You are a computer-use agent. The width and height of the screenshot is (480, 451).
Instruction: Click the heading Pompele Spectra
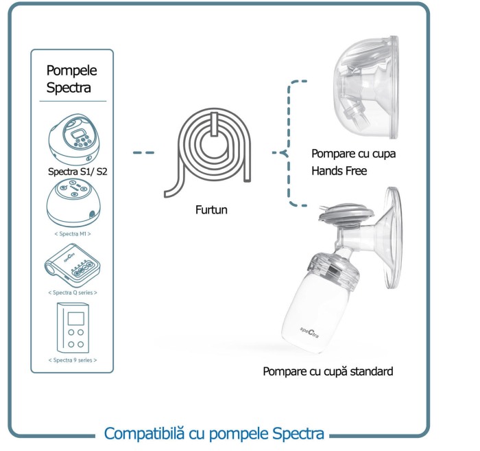(x=72, y=79)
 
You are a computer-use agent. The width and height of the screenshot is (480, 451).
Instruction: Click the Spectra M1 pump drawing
(x=73, y=202)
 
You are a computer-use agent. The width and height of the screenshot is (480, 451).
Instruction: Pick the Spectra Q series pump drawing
(x=72, y=267)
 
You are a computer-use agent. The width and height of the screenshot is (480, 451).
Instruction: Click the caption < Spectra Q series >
(x=73, y=292)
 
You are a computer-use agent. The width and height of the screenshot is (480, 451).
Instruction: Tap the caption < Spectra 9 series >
(x=73, y=360)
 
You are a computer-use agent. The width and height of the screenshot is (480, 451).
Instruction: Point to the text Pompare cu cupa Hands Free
(x=353, y=162)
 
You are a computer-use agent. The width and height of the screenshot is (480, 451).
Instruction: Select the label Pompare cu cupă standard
(x=328, y=371)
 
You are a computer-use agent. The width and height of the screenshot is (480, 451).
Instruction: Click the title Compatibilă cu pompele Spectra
(x=214, y=434)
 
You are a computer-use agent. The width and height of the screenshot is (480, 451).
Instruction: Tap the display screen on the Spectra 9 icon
(x=77, y=320)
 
